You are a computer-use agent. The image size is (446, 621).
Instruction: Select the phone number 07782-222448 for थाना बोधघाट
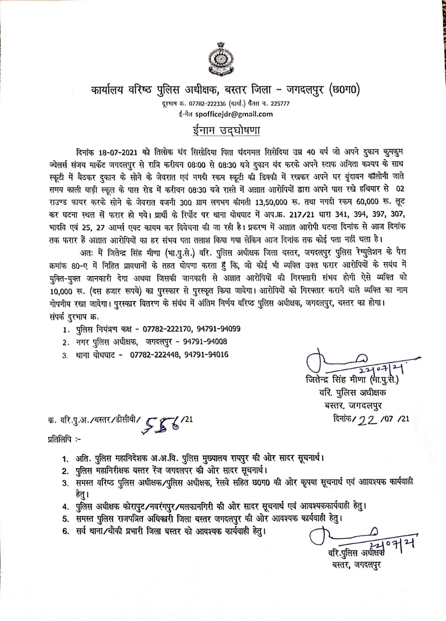coord(154,355)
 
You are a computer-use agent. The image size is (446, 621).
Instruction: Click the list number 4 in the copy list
coord(64,507)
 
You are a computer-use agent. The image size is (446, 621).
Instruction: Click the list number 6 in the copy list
coord(64,532)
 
